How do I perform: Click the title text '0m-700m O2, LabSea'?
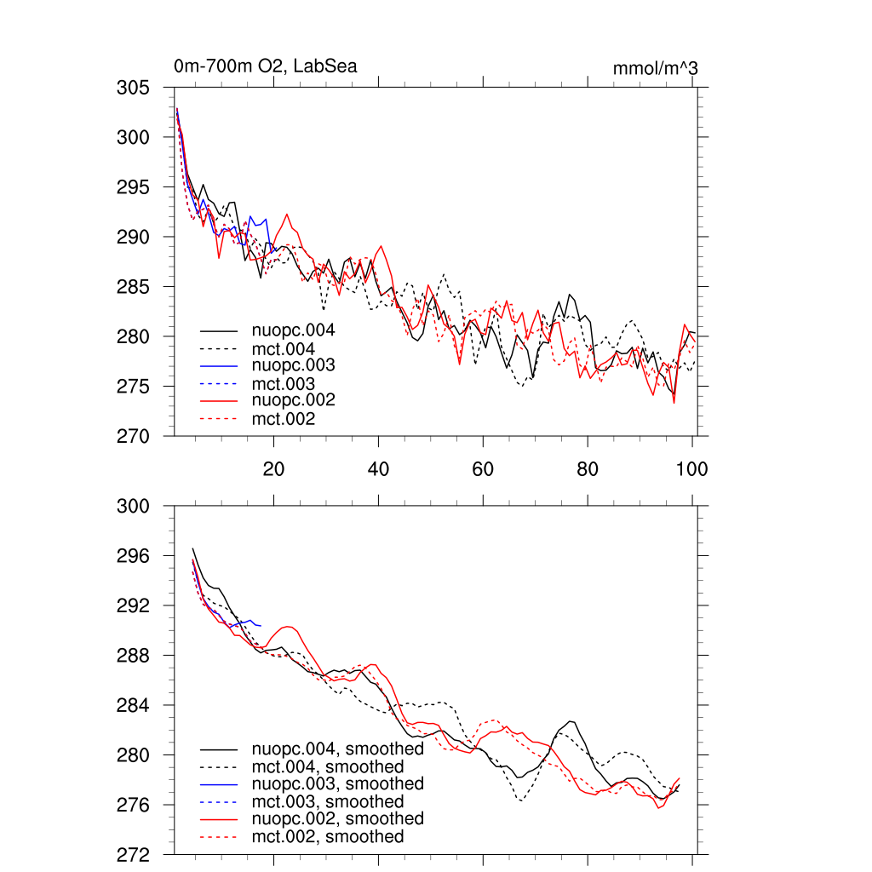coord(265,66)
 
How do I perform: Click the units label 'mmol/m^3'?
coord(655,68)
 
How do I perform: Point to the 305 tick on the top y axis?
coord(133,88)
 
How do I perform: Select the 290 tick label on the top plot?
coord(133,237)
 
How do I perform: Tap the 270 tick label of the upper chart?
coord(133,436)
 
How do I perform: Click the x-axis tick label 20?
coord(273,468)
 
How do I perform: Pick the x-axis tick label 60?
coord(483,468)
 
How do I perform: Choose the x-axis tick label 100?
coord(691,468)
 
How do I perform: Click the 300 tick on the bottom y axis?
coord(133,506)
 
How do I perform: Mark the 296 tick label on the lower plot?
coord(133,556)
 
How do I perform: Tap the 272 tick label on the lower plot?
coord(133,854)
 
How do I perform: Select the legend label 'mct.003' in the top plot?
coord(283,383)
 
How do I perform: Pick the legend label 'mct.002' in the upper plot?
coord(283,419)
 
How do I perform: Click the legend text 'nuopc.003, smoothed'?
coord(337,783)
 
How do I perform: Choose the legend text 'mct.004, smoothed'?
coord(327,766)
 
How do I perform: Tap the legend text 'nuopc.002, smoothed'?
coord(337,819)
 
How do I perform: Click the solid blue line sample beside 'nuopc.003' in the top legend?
coord(218,365)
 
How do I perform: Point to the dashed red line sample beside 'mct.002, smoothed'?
coord(218,837)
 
